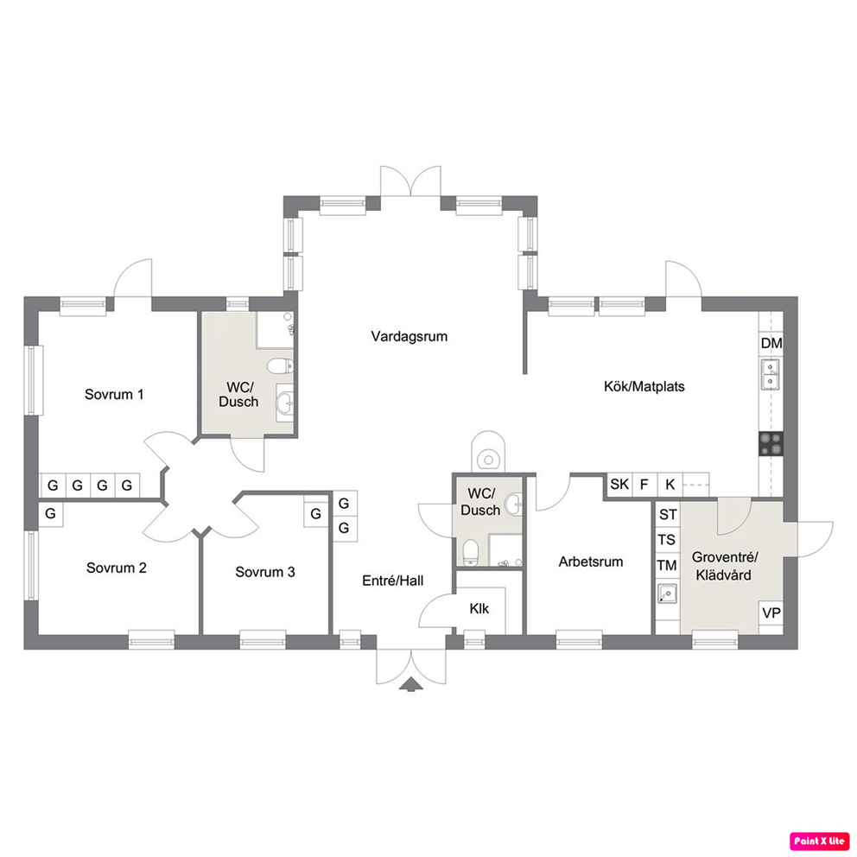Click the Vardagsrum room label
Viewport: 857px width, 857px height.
click(409, 336)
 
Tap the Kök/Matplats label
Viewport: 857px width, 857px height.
click(644, 386)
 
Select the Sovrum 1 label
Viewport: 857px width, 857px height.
click(114, 394)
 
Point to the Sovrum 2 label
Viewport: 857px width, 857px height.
click(117, 568)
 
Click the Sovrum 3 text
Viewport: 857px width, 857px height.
click(265, 572)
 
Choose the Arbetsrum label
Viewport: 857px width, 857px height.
click(590, 562)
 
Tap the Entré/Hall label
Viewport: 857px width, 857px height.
click(392, 581)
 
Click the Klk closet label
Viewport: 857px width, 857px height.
click(479, 608)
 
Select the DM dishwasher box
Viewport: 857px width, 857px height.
click(771, 343)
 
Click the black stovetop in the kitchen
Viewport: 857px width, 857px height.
click(771, 443)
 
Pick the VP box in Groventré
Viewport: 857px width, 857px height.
click(771, 613)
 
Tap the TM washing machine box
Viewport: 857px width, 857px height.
click(667, 565)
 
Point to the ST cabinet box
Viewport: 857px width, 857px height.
click(667, 514)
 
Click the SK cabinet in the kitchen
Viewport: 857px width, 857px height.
click(619, 485)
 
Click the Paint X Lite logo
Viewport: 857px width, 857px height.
click(819, 841)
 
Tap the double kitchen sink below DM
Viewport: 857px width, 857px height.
click(771, 374)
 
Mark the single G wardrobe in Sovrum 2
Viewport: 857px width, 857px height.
click(50, 514)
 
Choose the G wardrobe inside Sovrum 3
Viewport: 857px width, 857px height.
click(316, 514)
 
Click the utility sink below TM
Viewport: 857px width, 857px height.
click(667, 593)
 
